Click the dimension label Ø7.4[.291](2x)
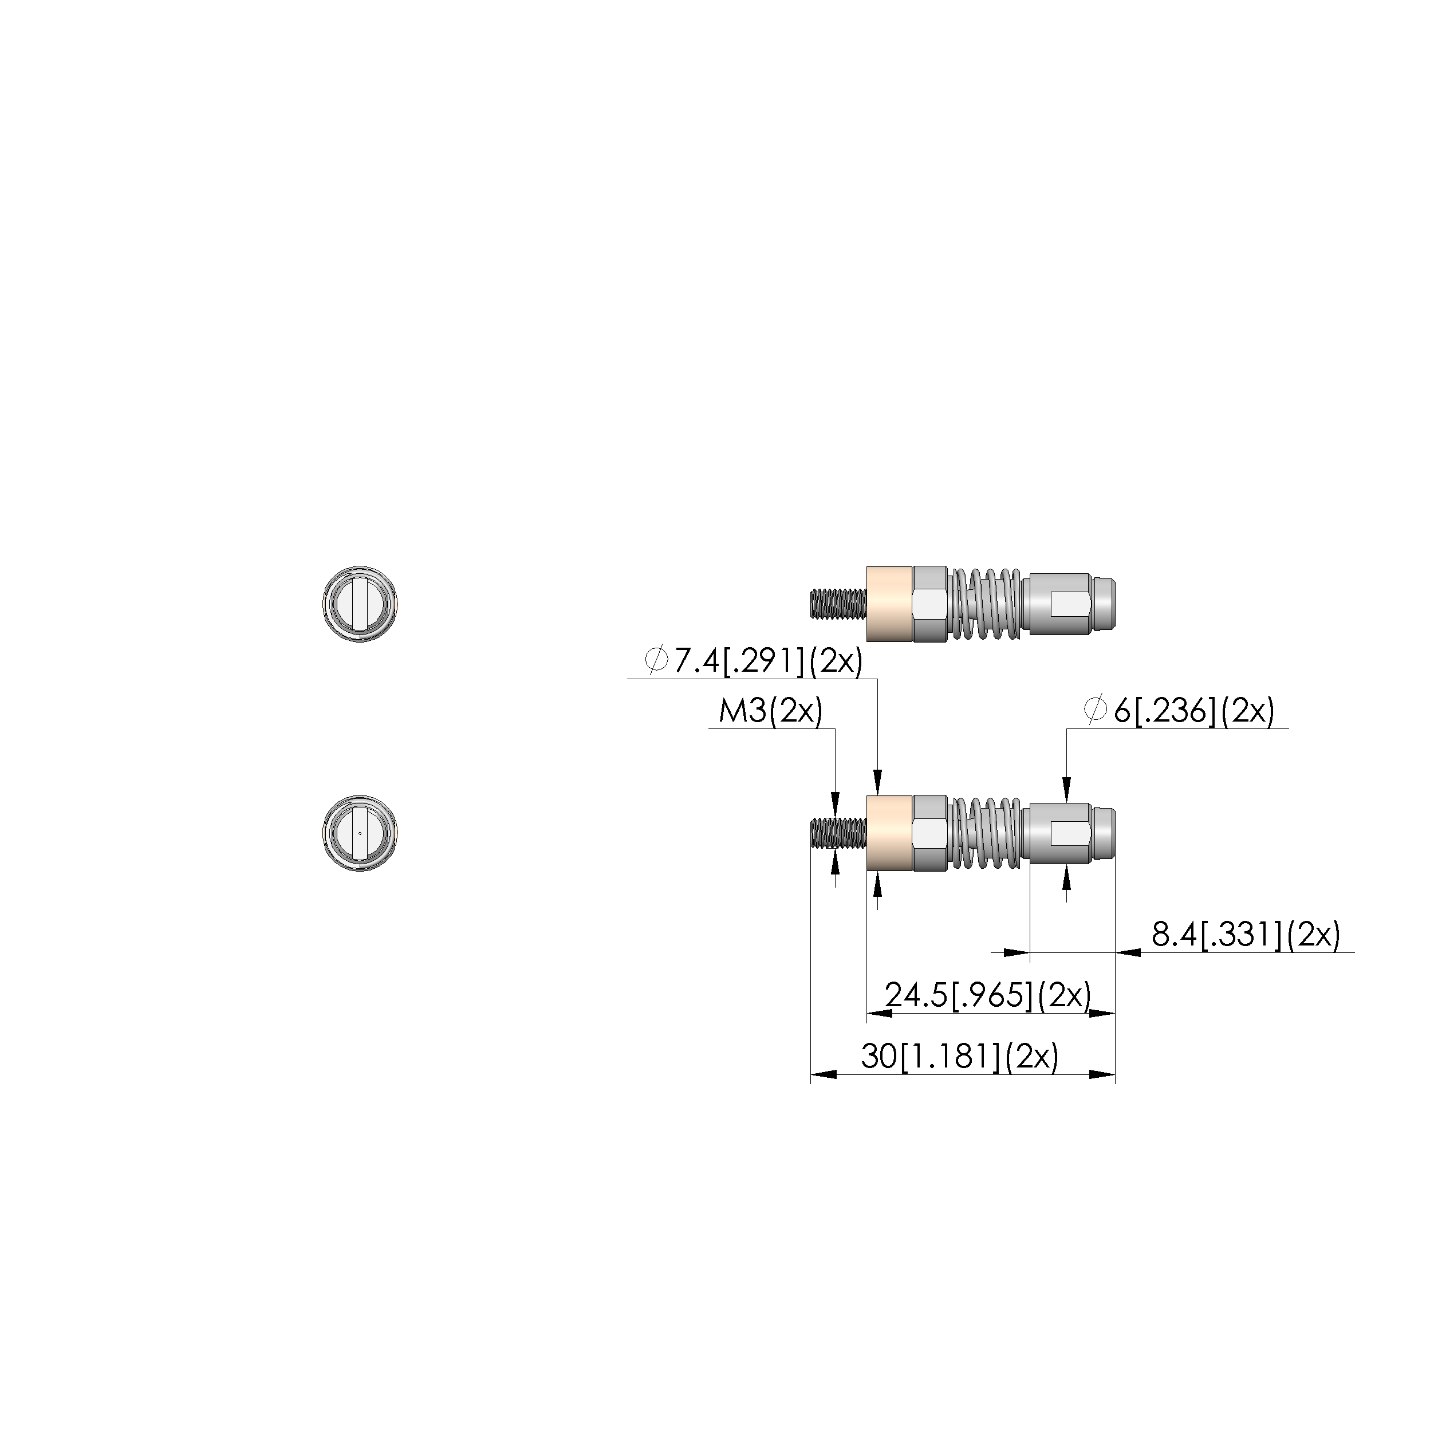(x=754, y=660)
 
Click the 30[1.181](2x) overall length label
(x=960, y=1055)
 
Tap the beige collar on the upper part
(x=889, y=604)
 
